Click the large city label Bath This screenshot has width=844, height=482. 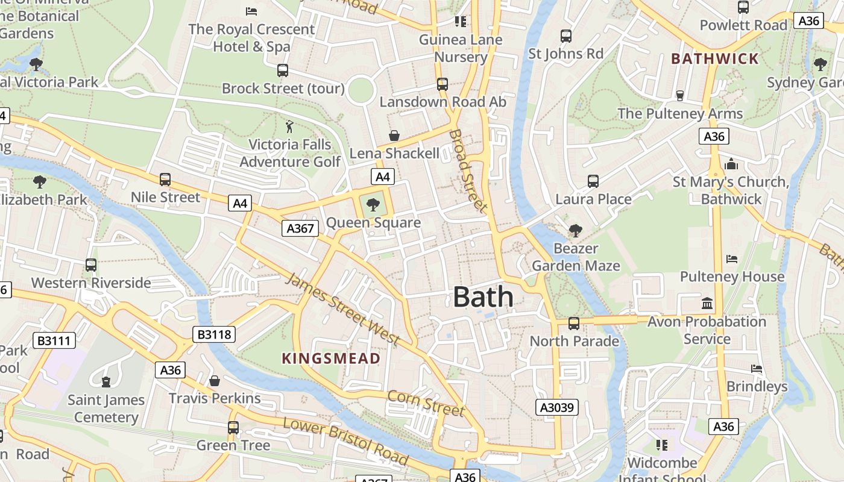(x=483, y=297)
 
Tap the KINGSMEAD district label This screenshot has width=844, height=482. (x=331, y=358)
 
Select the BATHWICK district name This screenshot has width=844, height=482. (x=715, y=58)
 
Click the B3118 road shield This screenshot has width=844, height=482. (x=214, y=334)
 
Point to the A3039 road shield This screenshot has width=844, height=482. (x=557, y=407)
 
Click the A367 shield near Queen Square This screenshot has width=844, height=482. (x=300, y=228)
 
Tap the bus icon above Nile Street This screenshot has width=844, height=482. (x=165, y=180)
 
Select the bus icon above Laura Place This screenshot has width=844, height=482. (x=593, y=181)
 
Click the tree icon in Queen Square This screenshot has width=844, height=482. (x=373, y=205)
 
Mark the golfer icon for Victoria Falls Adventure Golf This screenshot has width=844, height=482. (x=289, y=127)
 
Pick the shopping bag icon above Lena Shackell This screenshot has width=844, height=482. (x=394, y=136)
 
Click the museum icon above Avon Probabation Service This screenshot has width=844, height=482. (x=707, y=303)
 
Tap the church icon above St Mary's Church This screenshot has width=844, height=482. (x=731, y=164)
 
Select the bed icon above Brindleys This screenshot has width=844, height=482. (x=757, y=369)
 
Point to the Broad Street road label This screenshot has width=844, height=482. (x=468, y=171)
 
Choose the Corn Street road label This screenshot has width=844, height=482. (x=426, y=403)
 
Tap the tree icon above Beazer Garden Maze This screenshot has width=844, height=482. (x=575, y=230)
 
